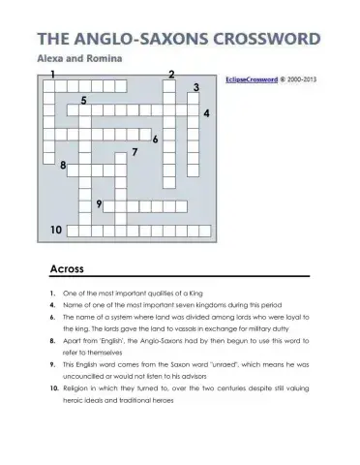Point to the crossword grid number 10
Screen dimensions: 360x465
(x=56, y=230)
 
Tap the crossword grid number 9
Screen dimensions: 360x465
(x=99, y=203)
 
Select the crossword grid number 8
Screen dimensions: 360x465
(x=63, y=166)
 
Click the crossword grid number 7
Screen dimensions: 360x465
(x=135, y=152)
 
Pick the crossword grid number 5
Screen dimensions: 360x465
(x=85, y=100)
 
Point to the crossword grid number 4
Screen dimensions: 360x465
(x=206, y=113)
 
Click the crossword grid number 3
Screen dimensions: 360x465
(x=196, y=88)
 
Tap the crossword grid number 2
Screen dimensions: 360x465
(x=171, y=75)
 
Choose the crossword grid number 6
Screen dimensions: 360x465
(x=155, y=139)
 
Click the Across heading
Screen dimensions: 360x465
(x=67, y=268)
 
